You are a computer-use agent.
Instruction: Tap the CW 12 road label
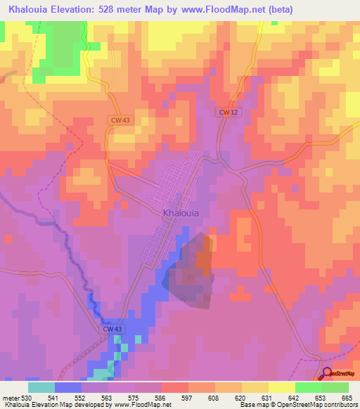[225, 112]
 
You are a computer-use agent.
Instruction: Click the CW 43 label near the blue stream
[112, 329]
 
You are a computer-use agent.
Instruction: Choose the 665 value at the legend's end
[347, 397]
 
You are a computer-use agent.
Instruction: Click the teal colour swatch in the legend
[41, 387]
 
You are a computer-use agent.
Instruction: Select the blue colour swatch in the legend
[68, 387]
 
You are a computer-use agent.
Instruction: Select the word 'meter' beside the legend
[9, 397]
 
